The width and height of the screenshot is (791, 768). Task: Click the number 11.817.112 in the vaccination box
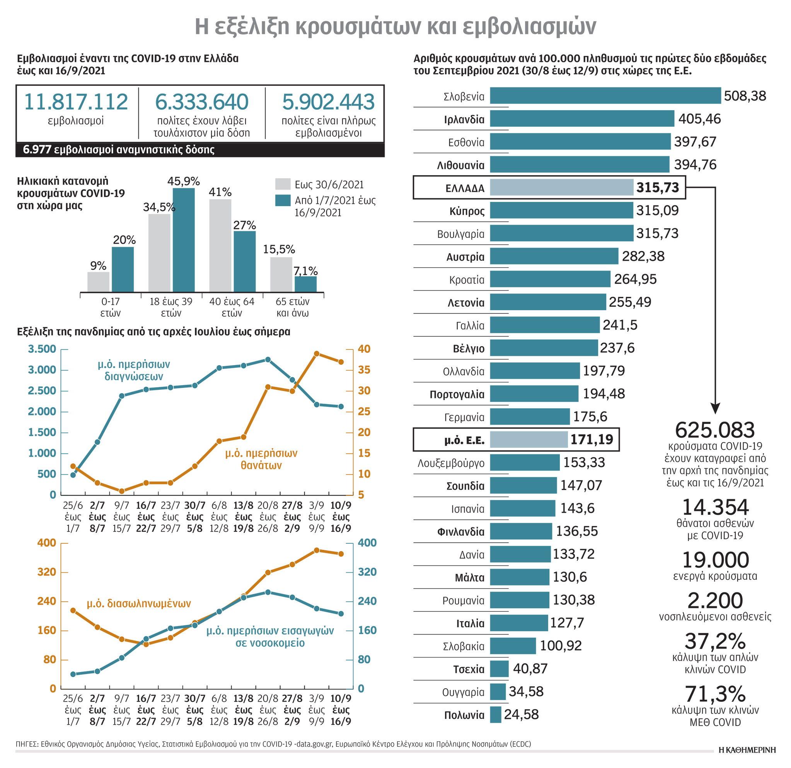pos(76,102)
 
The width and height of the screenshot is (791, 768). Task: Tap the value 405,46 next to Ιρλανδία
pos(699,119)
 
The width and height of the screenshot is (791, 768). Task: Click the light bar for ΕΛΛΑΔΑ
pos(561,187)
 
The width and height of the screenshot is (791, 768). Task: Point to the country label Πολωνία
pos(464,715)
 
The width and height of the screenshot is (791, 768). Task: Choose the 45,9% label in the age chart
pos(183,181)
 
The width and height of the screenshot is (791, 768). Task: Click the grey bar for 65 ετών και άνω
pos(281,274)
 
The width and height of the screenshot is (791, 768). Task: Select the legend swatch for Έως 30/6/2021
pos(283,184)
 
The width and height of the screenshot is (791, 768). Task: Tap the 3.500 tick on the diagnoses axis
pos(42,349)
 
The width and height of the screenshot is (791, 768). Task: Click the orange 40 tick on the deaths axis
pos(364,349)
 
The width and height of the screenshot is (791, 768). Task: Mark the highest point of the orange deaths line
pos(316,353)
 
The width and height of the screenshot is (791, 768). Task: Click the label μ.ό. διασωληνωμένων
pos(138,603)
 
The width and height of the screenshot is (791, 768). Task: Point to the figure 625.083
pos(714,430)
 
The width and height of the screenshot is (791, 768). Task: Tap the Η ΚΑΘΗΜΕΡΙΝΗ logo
pos(747,750)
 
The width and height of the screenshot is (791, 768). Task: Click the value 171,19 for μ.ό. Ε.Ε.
pos(591,439)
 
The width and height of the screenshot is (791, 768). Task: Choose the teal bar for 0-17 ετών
pos(123,269)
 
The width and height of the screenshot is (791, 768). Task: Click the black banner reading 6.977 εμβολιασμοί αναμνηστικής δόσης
pos(200,150)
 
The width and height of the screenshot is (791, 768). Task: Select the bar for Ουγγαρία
pos(497,692)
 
